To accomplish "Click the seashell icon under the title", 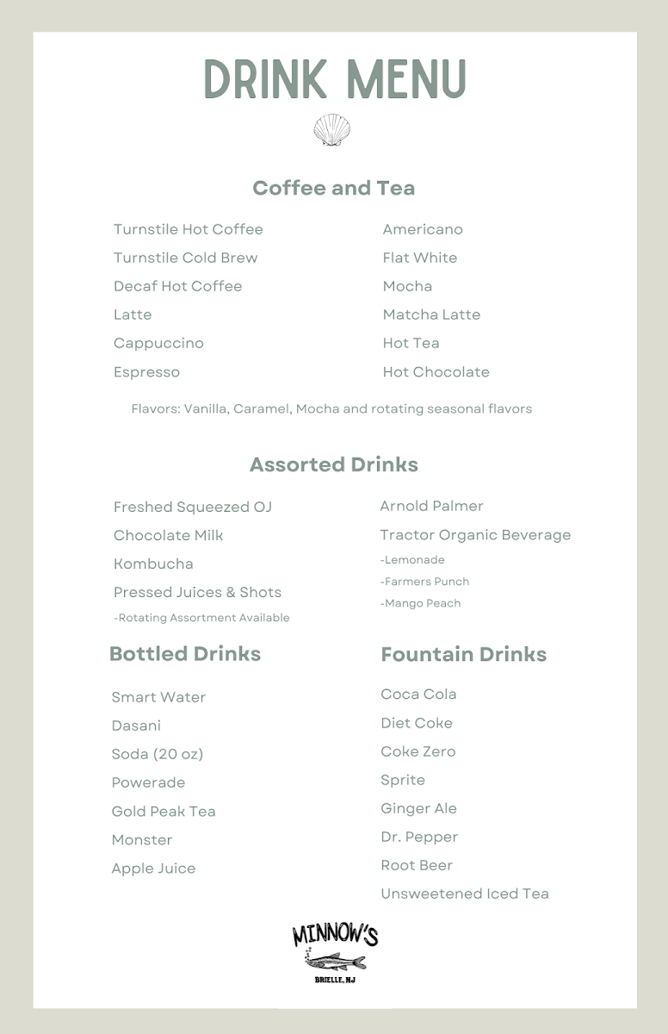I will point(332,130).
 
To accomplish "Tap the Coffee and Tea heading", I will point(333,188).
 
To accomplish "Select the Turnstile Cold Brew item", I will point(185,258).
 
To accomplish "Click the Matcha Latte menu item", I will point(431,315).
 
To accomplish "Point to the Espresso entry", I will point(146,372).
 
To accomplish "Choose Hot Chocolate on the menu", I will point(436,372).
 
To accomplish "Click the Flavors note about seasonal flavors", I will point(331,408).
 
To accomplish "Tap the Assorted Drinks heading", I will point(333,464).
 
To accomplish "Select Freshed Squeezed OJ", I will point(192,507).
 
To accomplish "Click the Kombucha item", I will point(153,564).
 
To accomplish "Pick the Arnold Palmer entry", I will point(431,506).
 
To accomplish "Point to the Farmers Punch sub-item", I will point(424,582).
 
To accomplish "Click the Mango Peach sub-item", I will point(420,603).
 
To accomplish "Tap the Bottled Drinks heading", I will point(184,653).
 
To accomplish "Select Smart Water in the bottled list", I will point(158,697).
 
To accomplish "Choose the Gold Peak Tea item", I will point(164,811).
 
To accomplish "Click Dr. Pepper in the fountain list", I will point(419,837).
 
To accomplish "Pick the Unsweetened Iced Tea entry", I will point(464,894).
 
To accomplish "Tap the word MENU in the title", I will point(405,80).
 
